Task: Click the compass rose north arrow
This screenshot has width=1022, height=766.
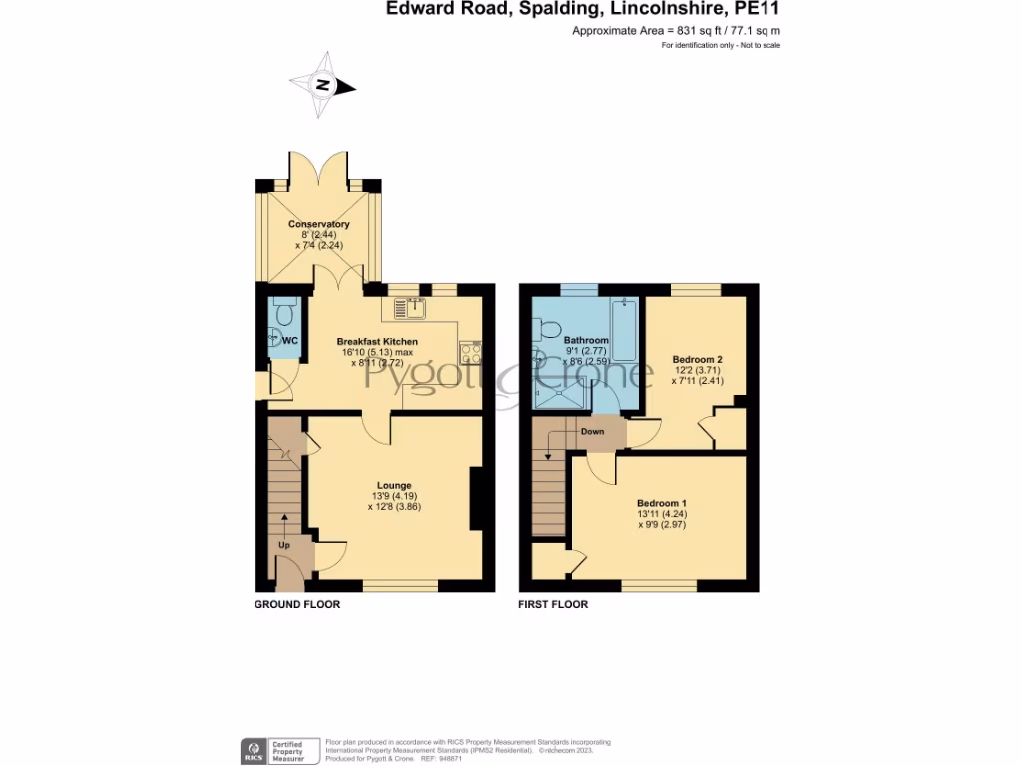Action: (322, 86)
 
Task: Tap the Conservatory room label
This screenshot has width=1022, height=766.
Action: (318, 225)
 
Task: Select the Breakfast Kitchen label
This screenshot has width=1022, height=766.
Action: (376, 342)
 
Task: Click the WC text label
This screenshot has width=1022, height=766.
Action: (289, 341)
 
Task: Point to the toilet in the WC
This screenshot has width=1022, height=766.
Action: (283, 315)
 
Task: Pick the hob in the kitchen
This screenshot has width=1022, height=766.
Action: (470, 352)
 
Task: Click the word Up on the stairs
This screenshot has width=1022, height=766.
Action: (284, 546)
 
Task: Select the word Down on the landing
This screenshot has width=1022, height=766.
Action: (592, 432)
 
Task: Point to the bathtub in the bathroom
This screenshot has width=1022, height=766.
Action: (624, 329)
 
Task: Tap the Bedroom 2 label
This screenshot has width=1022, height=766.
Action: (696, 359)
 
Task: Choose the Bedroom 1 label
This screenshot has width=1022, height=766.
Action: (662, 503)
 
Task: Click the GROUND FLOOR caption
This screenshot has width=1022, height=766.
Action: (297, 604)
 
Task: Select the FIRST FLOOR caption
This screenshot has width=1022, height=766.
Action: (553, 604)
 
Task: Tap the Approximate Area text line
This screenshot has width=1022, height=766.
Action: (676, 31)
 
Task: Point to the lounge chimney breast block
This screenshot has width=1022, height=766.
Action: (477, 498)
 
